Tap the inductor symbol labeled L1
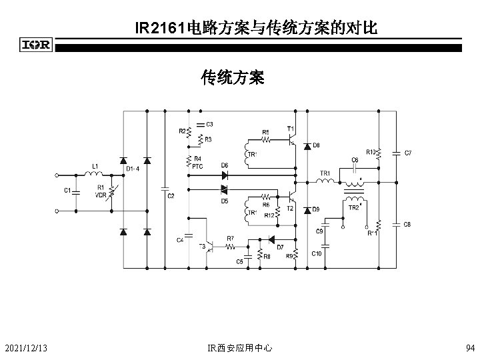coord(93,175)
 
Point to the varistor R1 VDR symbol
coord(111,192)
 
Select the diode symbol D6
coord(225,175)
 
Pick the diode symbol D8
coord(307,145)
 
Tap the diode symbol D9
coord(307,210)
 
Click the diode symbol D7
coord(271,239)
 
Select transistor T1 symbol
coord(291,140)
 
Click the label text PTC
coord(198,167)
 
